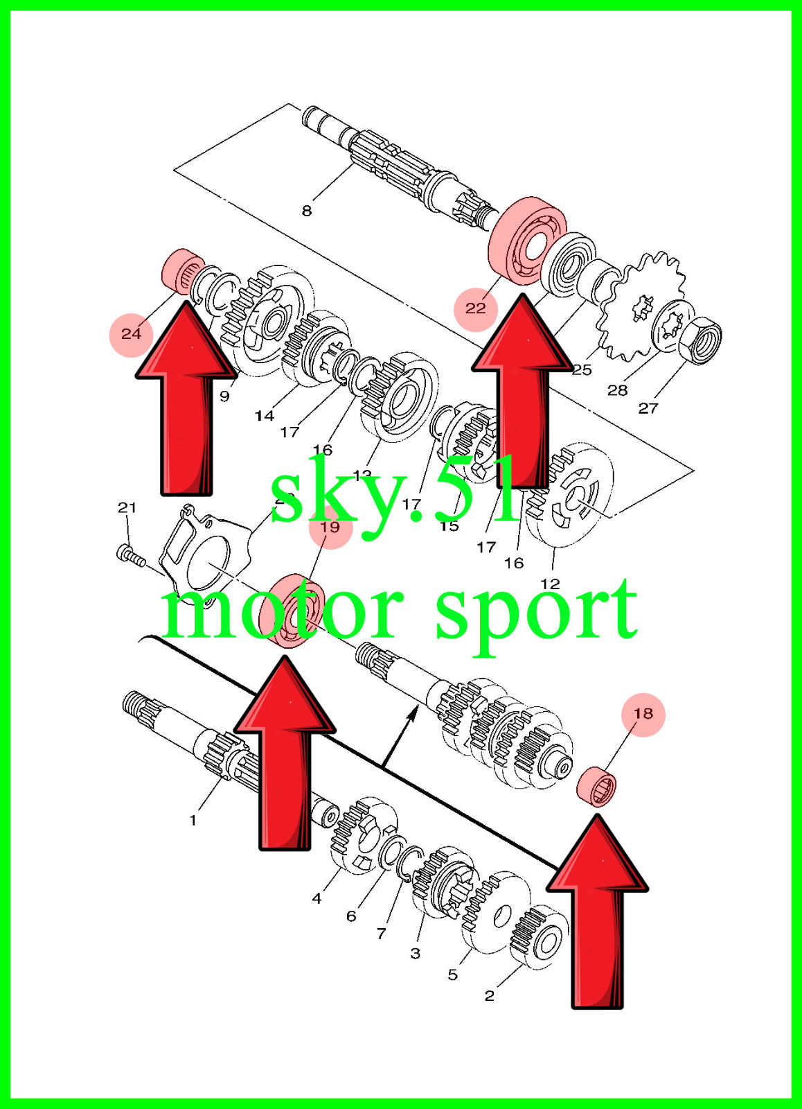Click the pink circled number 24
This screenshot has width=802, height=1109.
click(131, 334)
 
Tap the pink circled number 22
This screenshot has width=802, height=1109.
click(476, 308)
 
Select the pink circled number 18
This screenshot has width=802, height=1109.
click(643, 714)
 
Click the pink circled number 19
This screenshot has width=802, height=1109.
click(330, 527)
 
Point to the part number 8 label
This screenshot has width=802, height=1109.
click(307, 211)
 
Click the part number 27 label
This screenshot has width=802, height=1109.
click(648, 408)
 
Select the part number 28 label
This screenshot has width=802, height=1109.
click(617, 390)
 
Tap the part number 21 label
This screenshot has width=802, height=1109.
click(127, 507)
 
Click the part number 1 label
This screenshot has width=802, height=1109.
click(193, 820)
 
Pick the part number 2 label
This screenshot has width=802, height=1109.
click(490, 996)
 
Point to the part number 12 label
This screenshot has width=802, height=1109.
click(550, 584)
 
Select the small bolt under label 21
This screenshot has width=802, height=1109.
click(131, 555)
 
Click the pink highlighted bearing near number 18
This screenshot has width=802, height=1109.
click(596, 787)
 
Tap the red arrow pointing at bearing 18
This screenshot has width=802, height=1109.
click(597, 915)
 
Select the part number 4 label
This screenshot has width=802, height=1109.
click(317, 898)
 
